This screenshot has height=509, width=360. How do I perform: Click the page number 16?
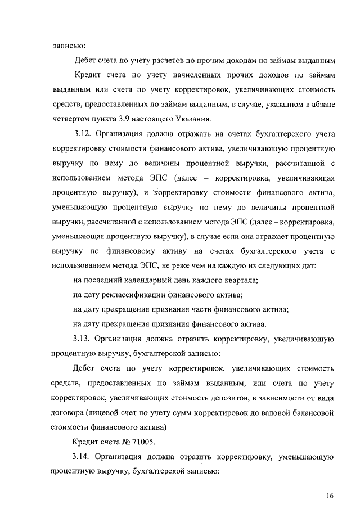[330, 495]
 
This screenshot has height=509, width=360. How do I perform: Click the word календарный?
[147, 281]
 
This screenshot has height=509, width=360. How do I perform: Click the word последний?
[102, 281]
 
